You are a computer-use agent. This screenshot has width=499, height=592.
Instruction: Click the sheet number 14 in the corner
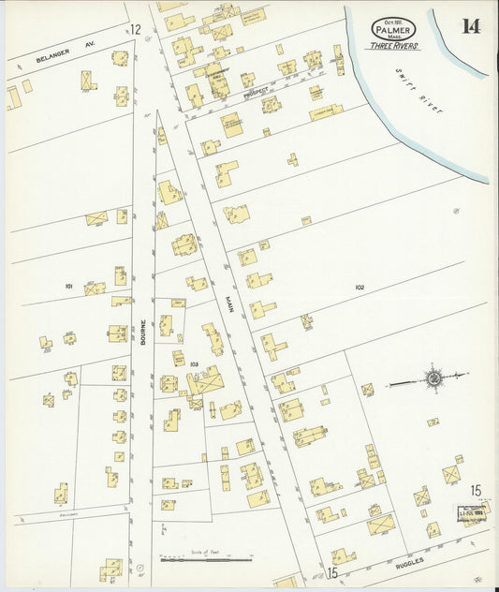(x=470, y=25)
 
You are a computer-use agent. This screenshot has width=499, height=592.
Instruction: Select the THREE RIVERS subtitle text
(x=394, y=45)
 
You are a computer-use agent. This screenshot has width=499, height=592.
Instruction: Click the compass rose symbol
(x=434, y=378)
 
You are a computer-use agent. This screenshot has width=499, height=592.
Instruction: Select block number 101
(x=69, y=285)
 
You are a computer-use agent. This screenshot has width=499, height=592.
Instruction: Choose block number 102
(x=360, y=287)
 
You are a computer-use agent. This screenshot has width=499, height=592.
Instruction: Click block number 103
(x=194, y=363)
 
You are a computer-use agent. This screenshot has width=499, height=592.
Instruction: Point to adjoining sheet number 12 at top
(x=136, y=30)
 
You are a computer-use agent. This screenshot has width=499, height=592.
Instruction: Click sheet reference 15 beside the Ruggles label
(x=331, y=572)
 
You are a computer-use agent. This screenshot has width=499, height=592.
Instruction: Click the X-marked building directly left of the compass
(x=368, y=389)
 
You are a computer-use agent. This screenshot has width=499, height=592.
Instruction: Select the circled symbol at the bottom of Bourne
(x=139, y=568)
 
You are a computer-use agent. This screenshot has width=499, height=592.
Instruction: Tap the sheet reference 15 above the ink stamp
(x=476, y=490)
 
